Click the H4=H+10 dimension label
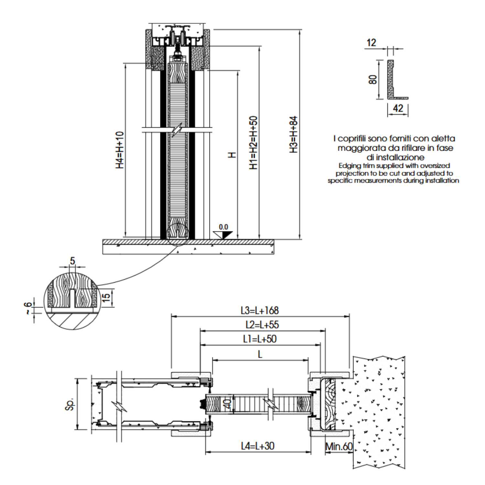click(120, 150)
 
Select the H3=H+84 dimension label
click(293, 135)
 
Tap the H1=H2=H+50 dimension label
click(254, 142)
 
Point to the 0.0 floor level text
click(223, 227)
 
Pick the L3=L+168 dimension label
click(260, 310)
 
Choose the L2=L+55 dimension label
click(262, 325)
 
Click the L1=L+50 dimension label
click(260, 339)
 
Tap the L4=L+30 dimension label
click(258, 446)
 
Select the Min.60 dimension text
click(339, 447)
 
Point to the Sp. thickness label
click(70, 404)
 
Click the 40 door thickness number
click(227, 404)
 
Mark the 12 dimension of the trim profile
click(371, 43)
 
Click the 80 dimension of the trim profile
click(373, 79)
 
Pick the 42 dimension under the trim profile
click(398, 108)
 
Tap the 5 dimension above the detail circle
click(72, 261)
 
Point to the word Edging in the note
click(349, 166)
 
